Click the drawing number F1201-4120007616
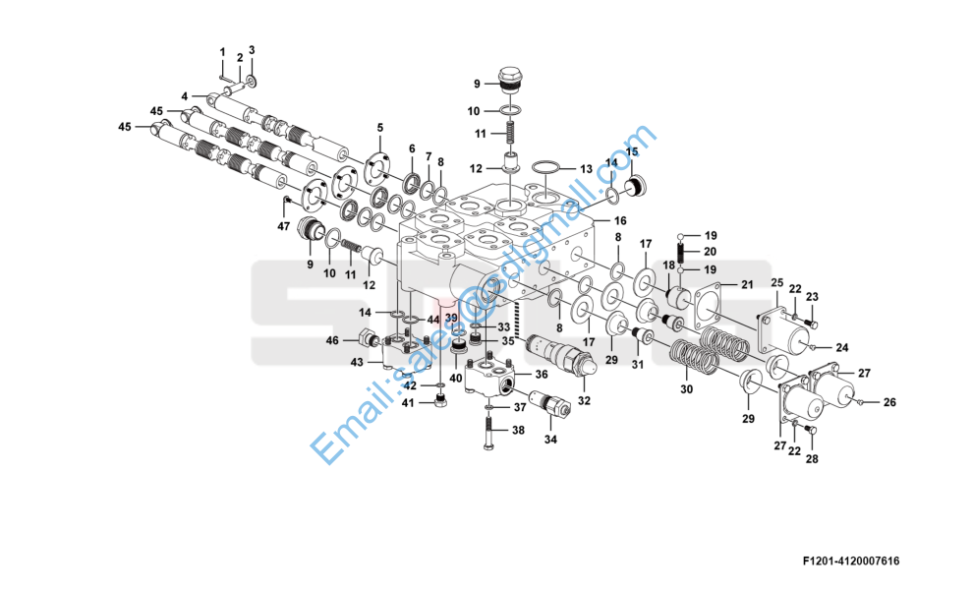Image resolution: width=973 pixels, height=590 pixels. pyautogui.click(x=850, y=561)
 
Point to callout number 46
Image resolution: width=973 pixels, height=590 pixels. pyautogui.click(x=331, y=340)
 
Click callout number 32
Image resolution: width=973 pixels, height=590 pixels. pyautogui.click(x=584, y=400)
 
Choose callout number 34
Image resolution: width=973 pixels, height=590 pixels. pyautogui.click(x=550, y=439)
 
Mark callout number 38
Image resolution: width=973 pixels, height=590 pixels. pyautogui.click(x=518, y=430)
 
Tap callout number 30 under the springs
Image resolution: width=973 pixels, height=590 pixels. pyautogui.click(x=687, y=390)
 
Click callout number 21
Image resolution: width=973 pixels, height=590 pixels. pyautogui.click(x=746, y=285)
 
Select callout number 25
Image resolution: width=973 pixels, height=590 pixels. pyautogui.click(x=775, y=283)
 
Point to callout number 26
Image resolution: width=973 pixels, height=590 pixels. pyautogui.click(x=889, y=401)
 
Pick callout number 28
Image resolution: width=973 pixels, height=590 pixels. pyautogui.click(x=812, y=459)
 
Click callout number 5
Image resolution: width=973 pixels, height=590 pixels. pyautogui.click(x=380, y=128)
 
